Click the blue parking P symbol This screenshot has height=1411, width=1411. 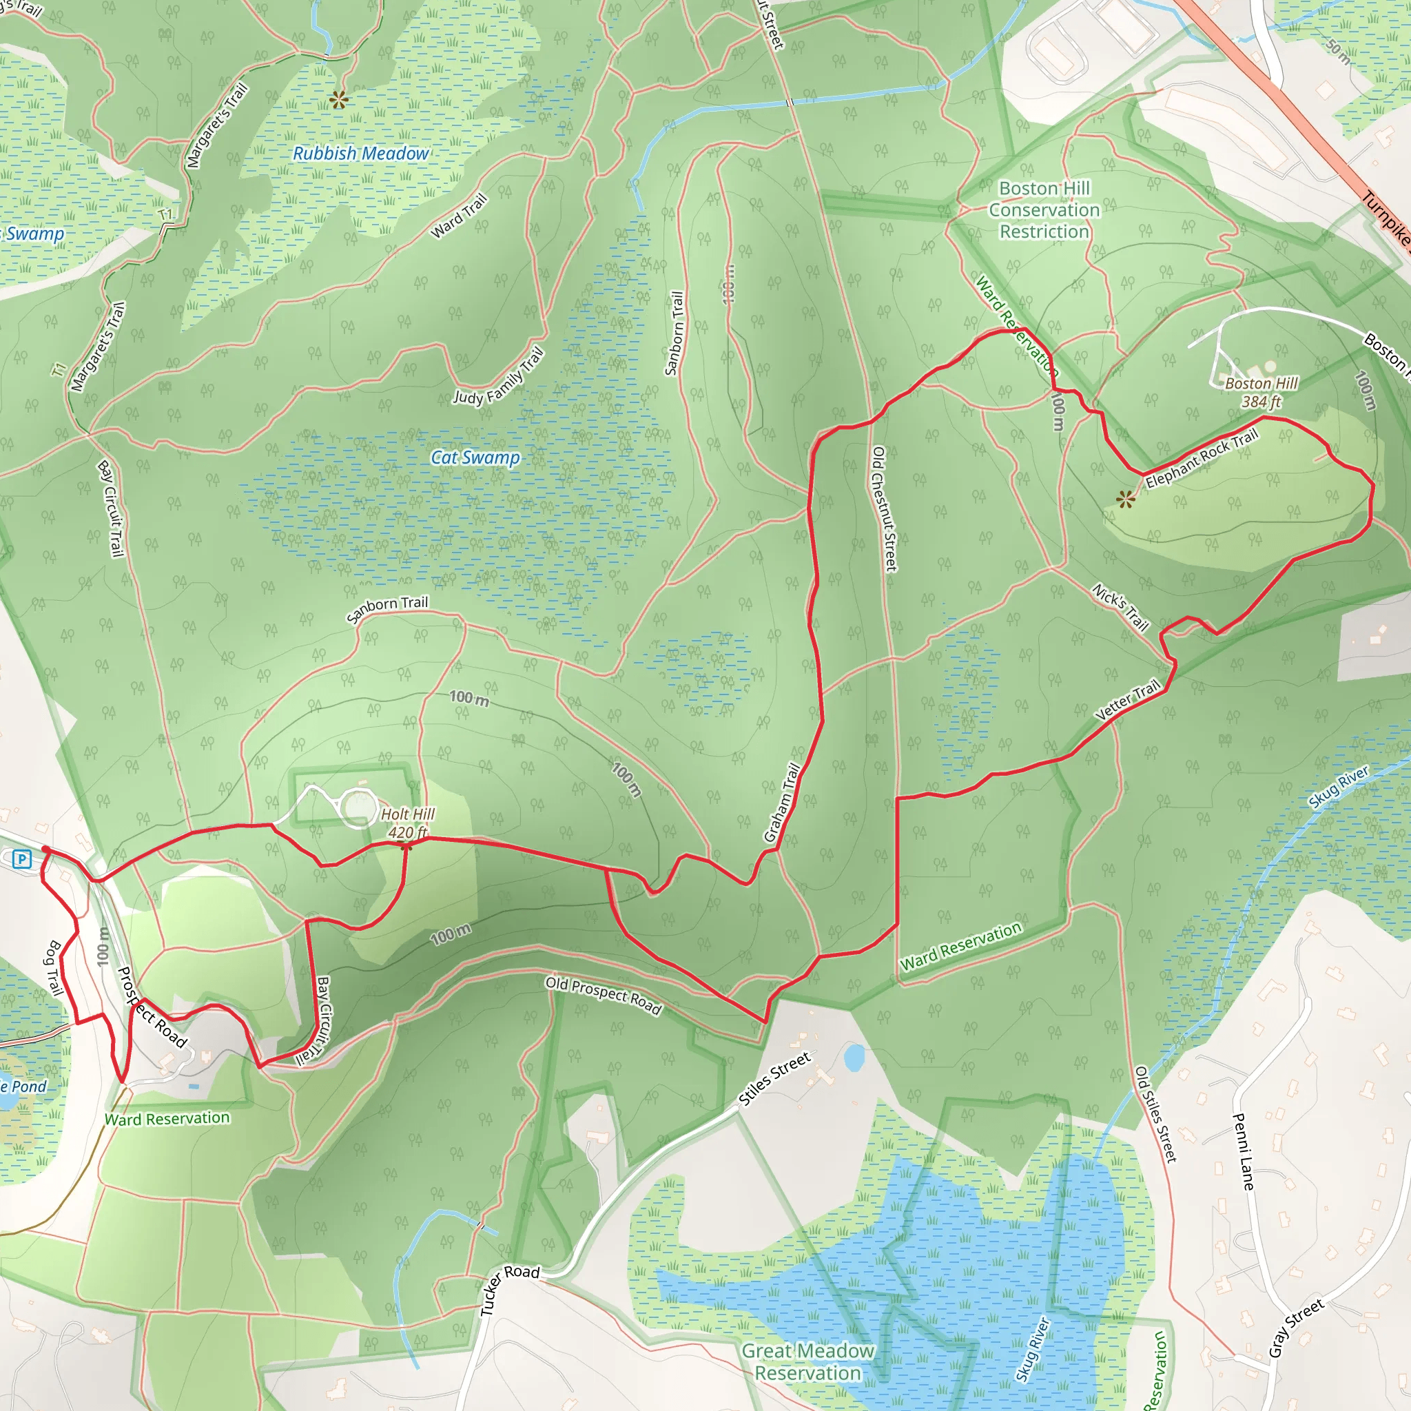click(x=22, y=860)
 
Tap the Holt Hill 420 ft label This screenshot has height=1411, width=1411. click(x=408, y=823)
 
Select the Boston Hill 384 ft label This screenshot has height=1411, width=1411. click(x=1261, y=392)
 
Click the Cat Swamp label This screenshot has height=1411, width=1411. click(x=475, y=458)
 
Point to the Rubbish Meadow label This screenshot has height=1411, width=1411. click(x=361, y=154)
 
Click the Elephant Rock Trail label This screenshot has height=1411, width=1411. click(x=1202, y=460)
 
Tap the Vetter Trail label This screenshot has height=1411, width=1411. click(x=1128, y=701)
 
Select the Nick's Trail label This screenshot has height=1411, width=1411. click(x=1121, y=607)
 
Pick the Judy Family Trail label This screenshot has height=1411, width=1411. click(x=499, y=377)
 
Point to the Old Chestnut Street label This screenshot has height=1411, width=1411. click(x=884, y=509)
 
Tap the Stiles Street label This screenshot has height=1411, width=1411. click(x=774, y=1079)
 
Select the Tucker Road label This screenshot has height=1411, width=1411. click(x=509, y=1290)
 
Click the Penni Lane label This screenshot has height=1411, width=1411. click(x=1243, y=1152)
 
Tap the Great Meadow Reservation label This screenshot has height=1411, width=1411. click(x=807, y=1362)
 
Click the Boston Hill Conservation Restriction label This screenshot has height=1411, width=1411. click(x=1044, y=210)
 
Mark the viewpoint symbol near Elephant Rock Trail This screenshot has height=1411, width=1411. click(x=1126, y=499)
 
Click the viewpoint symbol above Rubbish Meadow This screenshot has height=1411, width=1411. click(x=338, y=100)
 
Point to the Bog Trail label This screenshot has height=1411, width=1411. click(x=54, y=969)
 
